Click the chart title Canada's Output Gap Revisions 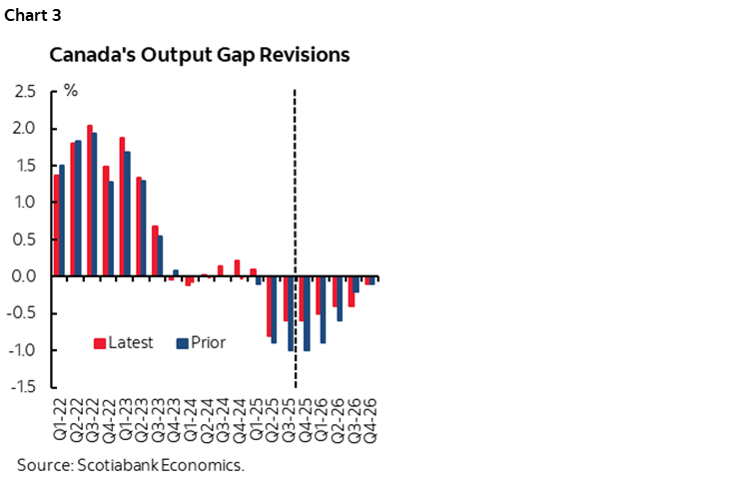click(x=200, y=54)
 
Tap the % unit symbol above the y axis click(x=71, y=92)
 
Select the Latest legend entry click(x=124, y=343)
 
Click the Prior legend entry click(x=202, y=343)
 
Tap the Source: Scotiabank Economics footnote click(x=131, y=464)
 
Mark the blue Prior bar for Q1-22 click(x=62, y=221)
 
